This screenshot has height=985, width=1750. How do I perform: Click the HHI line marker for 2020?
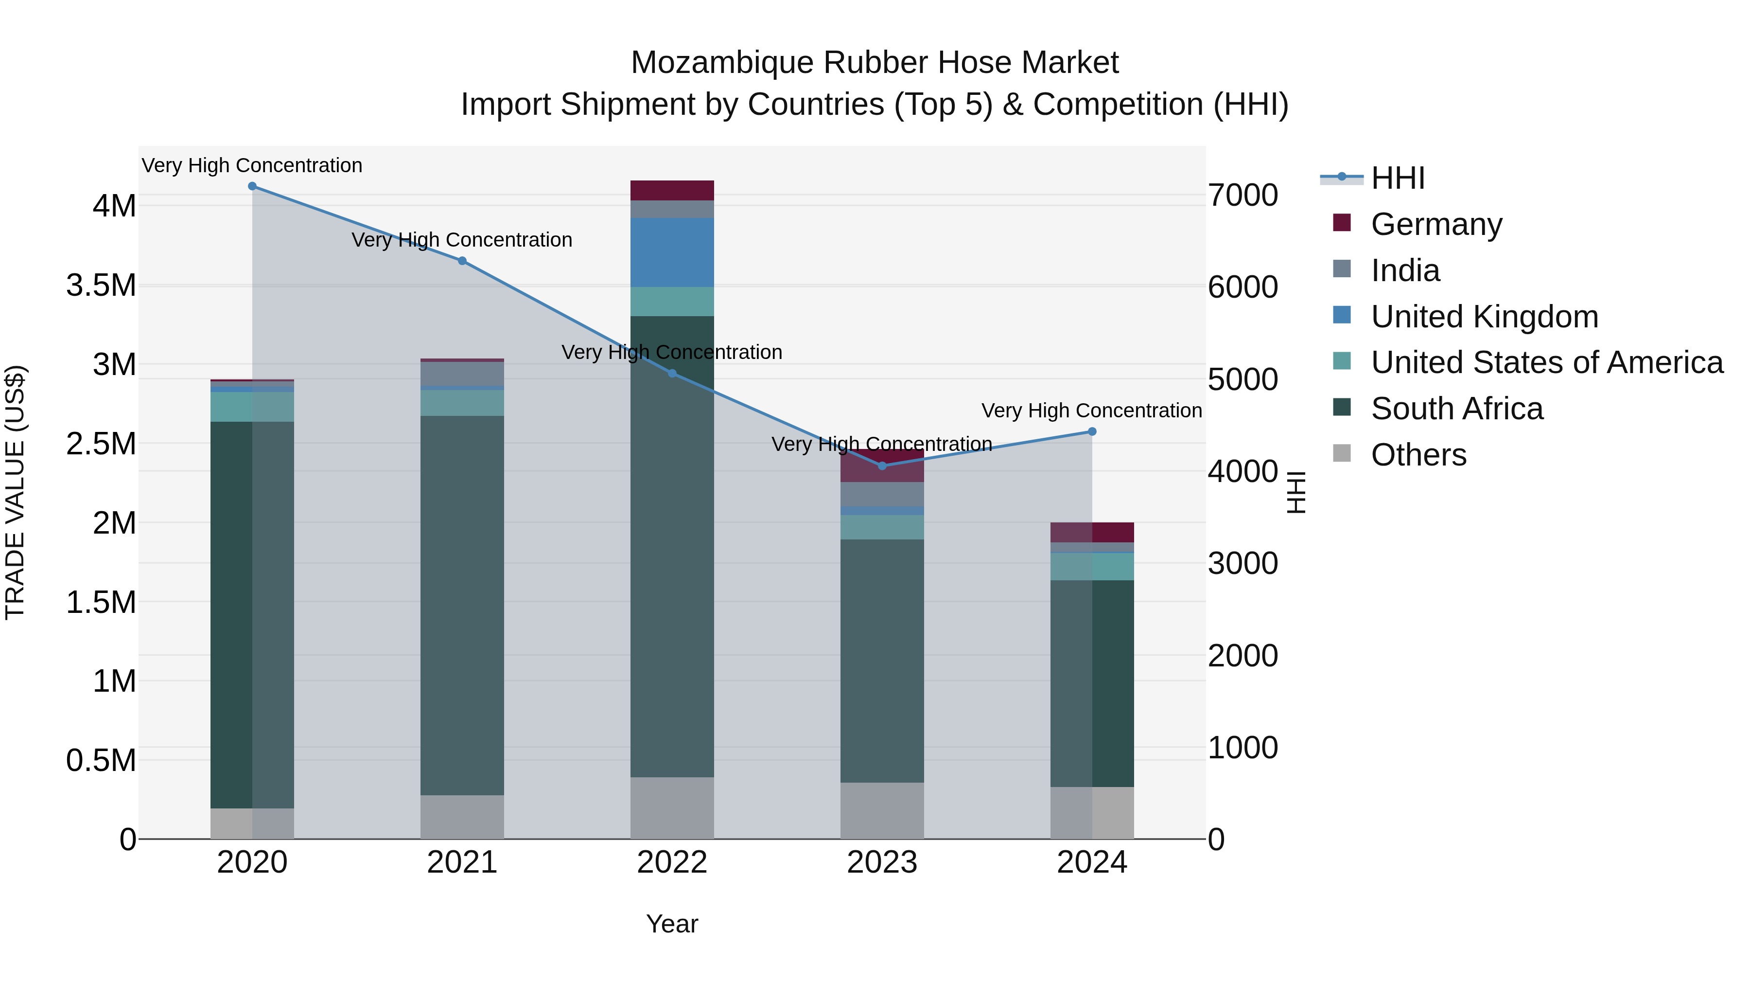tap(252, 186)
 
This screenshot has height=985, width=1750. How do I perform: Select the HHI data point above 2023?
tap(882, 466)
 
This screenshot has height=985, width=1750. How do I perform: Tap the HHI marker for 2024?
tap(1092, 431)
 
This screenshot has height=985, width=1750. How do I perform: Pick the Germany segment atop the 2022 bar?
tap(672, 190)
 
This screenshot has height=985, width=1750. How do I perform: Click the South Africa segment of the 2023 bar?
tap(882, 661)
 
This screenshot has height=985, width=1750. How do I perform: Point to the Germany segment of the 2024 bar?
tap(1092, 532)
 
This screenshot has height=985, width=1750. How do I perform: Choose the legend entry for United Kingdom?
tap(1485, 317)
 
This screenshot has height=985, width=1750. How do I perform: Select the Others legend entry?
tap(1418, 455)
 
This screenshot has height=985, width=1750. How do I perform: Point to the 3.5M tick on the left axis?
tap(101, 286)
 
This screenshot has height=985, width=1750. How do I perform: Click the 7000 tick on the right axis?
tap(1242, 196)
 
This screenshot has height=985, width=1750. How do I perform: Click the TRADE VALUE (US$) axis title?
tap(15, 492)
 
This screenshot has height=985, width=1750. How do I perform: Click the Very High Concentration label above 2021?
tap(462, 240)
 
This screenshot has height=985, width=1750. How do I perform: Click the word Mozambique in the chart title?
tap(722, 63)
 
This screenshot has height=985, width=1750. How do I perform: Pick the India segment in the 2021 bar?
tap(462, 373)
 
